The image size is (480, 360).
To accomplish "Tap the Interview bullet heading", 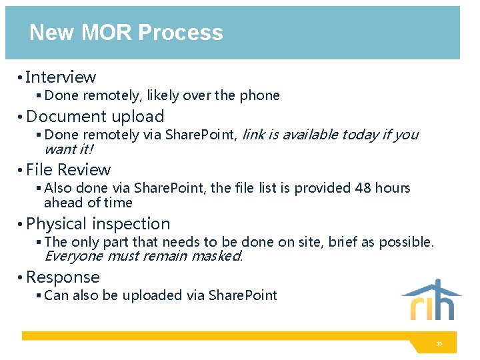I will click(61, 77).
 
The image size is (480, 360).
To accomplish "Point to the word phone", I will click(259, 95).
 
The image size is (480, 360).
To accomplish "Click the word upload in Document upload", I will click(138, 117).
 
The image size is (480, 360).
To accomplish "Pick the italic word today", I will click(359, 135).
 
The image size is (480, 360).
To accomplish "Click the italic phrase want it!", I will click(69, 149).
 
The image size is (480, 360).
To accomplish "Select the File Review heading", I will click(68, 170).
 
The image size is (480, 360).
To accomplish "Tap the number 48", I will click(363, 188).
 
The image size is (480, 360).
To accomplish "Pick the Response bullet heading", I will click(63, 277).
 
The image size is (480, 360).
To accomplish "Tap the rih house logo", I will click(431, 300).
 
